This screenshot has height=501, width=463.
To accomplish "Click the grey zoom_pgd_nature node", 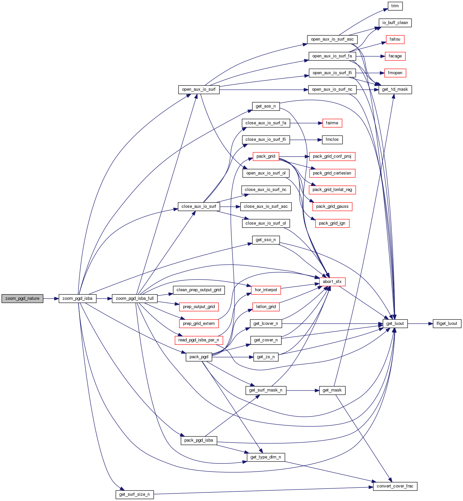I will (x=22, y=298).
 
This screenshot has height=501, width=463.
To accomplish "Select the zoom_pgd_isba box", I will (x=77, y=298).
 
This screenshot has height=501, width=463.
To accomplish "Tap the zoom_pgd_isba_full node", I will (x=135, y=298).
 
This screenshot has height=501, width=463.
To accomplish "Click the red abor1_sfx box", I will (x=332, y=282).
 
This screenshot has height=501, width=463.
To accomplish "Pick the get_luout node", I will (x=395, y=324).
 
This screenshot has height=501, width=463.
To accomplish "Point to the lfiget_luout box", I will (x=447, y=324).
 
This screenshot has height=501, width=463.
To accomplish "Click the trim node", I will (x=395, y=6).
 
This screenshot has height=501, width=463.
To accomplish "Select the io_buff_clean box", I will (x=395, y=23).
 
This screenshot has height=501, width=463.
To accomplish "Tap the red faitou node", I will (x=395, y=39).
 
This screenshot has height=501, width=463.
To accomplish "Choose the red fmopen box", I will (x=395, y=73).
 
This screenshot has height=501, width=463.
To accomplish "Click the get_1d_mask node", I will (x=395, y=89).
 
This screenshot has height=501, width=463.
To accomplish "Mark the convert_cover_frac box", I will (x=395, y=486).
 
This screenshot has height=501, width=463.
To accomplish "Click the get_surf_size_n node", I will (x=134, y=494).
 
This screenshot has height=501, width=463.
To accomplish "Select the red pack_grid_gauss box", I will (x=332, y=206).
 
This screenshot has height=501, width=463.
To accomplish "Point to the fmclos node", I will (x=332, y=140).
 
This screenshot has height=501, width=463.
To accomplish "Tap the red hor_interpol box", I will (x=266, y=290).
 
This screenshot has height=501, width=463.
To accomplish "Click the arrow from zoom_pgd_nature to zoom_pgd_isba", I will (x=51, y=298).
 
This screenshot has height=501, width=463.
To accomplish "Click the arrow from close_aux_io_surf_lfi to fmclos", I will (x=305, y=140).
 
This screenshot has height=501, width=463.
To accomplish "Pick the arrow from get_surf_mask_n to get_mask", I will (x=302, y=390).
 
